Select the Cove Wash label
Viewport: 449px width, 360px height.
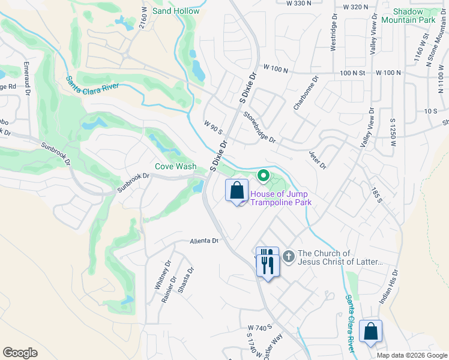[175, 166]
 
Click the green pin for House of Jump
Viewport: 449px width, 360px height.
[262, 176]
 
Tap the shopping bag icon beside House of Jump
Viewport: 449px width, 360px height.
[237, 191]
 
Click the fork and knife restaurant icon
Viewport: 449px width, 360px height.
[267, 261]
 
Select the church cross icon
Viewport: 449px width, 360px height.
[288, 257]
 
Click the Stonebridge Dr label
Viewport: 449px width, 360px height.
[260, 128]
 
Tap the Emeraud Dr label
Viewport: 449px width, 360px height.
[27, 77]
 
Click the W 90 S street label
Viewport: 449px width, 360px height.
[212, 128]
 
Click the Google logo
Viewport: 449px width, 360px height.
[20, 353]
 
